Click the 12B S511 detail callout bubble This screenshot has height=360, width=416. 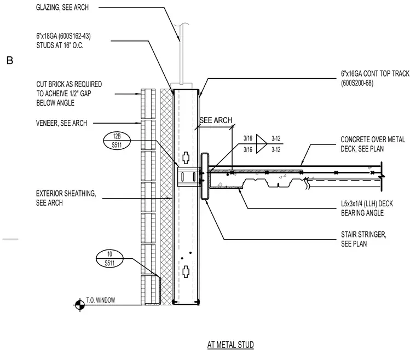(117, 141)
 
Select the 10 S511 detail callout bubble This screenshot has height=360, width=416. (109, 259)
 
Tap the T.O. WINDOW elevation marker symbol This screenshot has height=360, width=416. (79, 305)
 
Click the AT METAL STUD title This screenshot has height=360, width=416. (230, 345)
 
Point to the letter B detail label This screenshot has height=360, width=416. (10, 60)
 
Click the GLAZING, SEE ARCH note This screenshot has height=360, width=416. (62, 8)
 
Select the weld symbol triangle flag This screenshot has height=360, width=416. (261, 144)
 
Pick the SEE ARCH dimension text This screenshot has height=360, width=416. (216, 120)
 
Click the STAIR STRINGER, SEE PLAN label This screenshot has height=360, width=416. (363, 239)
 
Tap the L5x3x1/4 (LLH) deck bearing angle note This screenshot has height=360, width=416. (367, 208)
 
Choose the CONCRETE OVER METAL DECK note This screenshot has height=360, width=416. (373, 144)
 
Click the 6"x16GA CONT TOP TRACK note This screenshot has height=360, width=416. (375, 78)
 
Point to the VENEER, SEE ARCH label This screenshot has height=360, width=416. (61, 123)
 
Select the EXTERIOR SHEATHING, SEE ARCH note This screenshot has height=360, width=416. (66, 198)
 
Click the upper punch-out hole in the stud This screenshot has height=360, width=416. (186, 158)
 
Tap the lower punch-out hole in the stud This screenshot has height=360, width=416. (186, 272)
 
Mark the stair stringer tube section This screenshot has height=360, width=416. (205, 176)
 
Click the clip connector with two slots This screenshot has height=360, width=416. (189, 177)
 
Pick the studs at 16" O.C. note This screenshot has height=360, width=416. (63, 40)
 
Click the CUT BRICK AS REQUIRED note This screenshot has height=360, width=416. (69, 94)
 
